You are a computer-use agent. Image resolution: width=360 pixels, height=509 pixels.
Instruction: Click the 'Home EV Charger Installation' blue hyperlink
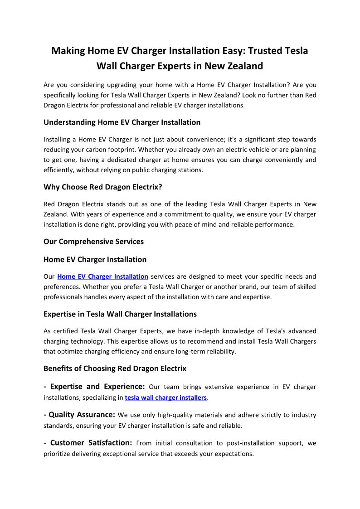pos(102,276)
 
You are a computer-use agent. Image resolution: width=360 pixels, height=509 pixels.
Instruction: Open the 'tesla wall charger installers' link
pos(165,398)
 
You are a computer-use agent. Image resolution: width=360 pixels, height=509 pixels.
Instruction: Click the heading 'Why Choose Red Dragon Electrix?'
pos(102,187)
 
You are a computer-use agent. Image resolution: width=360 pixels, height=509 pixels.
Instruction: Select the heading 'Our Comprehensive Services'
pos(93,242)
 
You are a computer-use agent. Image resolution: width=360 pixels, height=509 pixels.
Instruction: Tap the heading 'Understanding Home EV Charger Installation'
pos(122,122)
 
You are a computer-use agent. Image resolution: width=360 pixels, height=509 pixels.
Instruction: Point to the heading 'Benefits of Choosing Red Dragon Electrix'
pos(115,368)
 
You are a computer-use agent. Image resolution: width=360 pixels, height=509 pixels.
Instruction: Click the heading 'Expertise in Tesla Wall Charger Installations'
pos(120,314)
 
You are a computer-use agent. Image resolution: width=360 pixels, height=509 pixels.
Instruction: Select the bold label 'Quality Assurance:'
pos(79,415)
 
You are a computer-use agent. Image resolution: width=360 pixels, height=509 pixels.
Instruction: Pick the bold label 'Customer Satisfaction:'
pos(88,443)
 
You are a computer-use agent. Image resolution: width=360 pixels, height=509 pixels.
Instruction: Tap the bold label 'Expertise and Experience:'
pos(94,387)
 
